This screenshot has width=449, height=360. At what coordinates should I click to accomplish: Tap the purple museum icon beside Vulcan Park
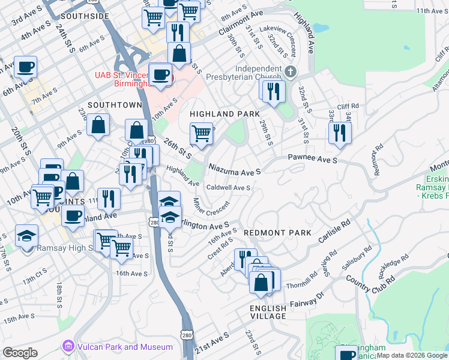coord(68,347)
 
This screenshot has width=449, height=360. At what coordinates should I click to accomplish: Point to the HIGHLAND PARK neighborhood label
coord(224,114)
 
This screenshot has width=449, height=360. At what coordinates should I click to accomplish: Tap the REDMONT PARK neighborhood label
coord(277,232)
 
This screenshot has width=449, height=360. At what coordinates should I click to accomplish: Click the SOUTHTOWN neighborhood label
coord(115,104)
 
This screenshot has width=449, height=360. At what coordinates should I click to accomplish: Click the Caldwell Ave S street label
coord(228,188)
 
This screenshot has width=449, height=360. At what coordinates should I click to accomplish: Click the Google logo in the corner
coord(20,352)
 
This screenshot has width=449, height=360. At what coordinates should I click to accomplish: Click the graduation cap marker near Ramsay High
coord(26,235)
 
